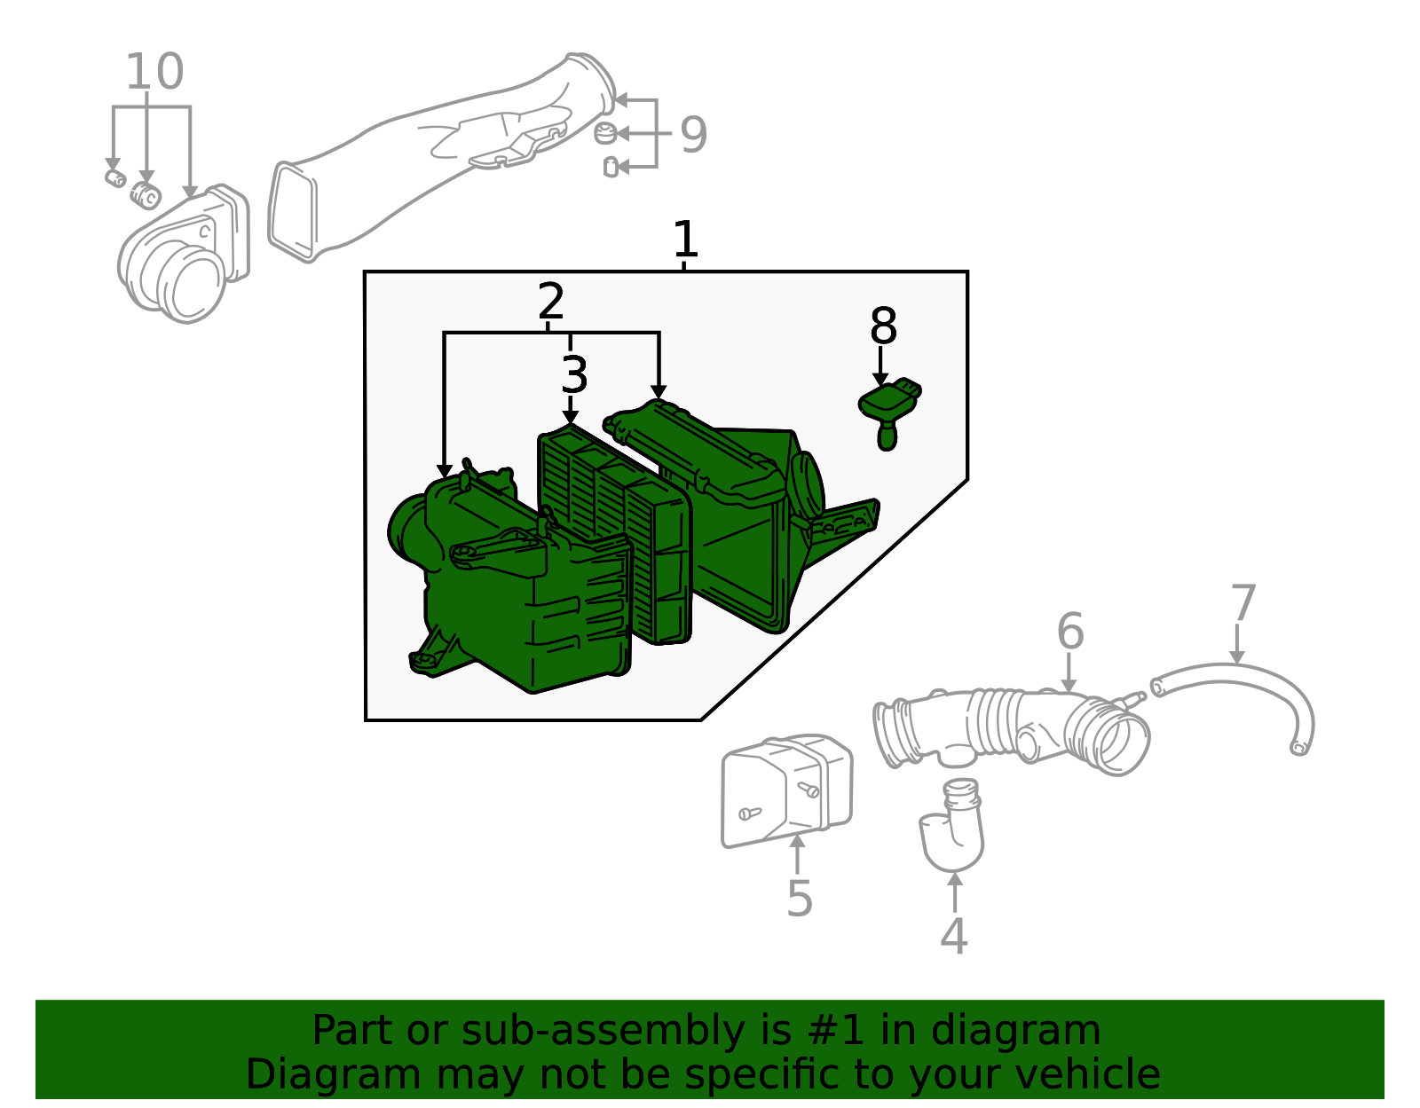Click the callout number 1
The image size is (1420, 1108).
coord(685,239)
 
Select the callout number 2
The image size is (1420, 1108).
coord(550,301)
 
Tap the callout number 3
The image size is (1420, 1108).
coord(574,374)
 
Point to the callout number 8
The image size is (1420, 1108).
coord(883,326)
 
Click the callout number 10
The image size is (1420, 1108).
coord(154,71)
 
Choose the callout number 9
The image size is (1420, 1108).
coord(693,135)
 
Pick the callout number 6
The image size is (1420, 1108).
coord(1070,631)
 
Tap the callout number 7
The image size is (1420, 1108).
coord(1242,602)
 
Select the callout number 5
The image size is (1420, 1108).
coord(800,899)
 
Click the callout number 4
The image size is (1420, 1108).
coord(953,936)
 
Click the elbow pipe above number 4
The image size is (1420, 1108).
coord(953,825)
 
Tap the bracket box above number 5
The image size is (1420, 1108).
coord(786,790)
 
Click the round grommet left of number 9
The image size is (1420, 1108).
coord(605,132)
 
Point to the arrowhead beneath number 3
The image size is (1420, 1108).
coord(571,417)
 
